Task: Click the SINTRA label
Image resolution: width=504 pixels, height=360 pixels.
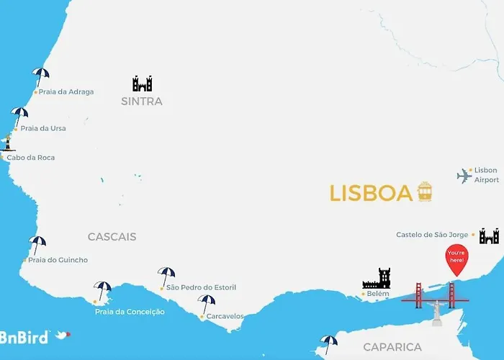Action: pyautogui.click(x=142, y=102)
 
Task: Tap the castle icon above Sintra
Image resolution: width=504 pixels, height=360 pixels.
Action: pyautogui.click(x=142, y=84)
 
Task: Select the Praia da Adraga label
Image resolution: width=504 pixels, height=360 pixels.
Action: pyautogui.click(x=66, y=92)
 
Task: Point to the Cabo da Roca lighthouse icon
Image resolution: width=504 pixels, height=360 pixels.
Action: pyautogui.click(x=8, y=142)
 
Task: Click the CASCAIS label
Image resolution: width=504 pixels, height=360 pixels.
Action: pyautogui.click(x=112, y=237)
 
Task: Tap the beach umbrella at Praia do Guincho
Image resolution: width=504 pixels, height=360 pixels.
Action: pyautogui.click(x=37, y=245)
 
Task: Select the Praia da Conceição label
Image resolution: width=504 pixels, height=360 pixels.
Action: pyautogui.click(x=130, y=312)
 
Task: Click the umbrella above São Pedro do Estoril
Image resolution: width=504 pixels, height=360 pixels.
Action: pyautogui.click(x=166, y=275)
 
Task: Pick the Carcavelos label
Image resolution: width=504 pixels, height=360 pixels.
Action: pyautogui.click(x=225, y=316)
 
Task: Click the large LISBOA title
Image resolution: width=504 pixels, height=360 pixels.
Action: pyautogui.click(x=371, y=193)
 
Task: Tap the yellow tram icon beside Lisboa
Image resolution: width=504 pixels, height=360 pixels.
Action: pyautogui.click(x=425, y=192)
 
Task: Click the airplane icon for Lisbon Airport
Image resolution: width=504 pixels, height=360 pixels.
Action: pyautogui.click(x=464, y=176)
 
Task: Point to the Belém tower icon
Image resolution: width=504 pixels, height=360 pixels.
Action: pyautogui.click(x=377, y=279)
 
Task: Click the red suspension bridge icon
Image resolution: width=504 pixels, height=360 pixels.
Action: pyautogui.click(x=434, y=296)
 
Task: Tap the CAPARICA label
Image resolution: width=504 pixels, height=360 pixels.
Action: pyautogui.click(x=392, y=347)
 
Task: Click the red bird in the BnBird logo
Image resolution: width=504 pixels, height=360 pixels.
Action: pyautogui.click(x=63, y=335)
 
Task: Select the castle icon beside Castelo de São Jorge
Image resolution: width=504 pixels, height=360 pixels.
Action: pyautogui.click(x=489, y=235)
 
